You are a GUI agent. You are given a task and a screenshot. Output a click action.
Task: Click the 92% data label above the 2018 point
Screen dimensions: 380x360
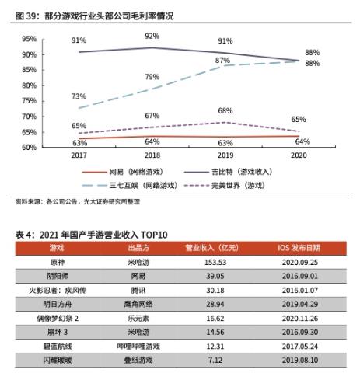pos(152,37)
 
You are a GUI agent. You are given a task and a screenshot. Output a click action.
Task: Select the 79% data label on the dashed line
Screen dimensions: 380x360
pos(152,77)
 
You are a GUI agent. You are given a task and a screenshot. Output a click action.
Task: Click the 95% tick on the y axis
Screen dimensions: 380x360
pos(29,39)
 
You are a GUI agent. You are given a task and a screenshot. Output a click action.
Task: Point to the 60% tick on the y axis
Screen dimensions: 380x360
pos(29,147)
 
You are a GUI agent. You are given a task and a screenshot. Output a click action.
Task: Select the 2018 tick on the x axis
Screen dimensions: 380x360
pos(152,155)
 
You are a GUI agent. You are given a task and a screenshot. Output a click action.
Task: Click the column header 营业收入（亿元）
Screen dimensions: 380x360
pos(209,248)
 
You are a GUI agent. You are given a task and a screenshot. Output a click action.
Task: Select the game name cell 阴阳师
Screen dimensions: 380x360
pos(57,276)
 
